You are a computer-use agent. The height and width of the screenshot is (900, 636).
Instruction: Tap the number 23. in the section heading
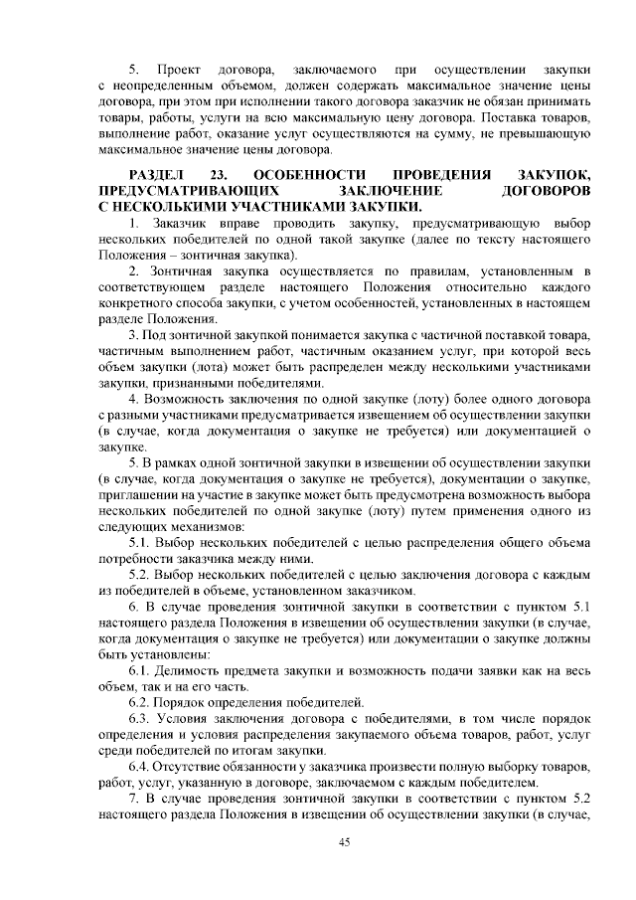click(220, 173)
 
